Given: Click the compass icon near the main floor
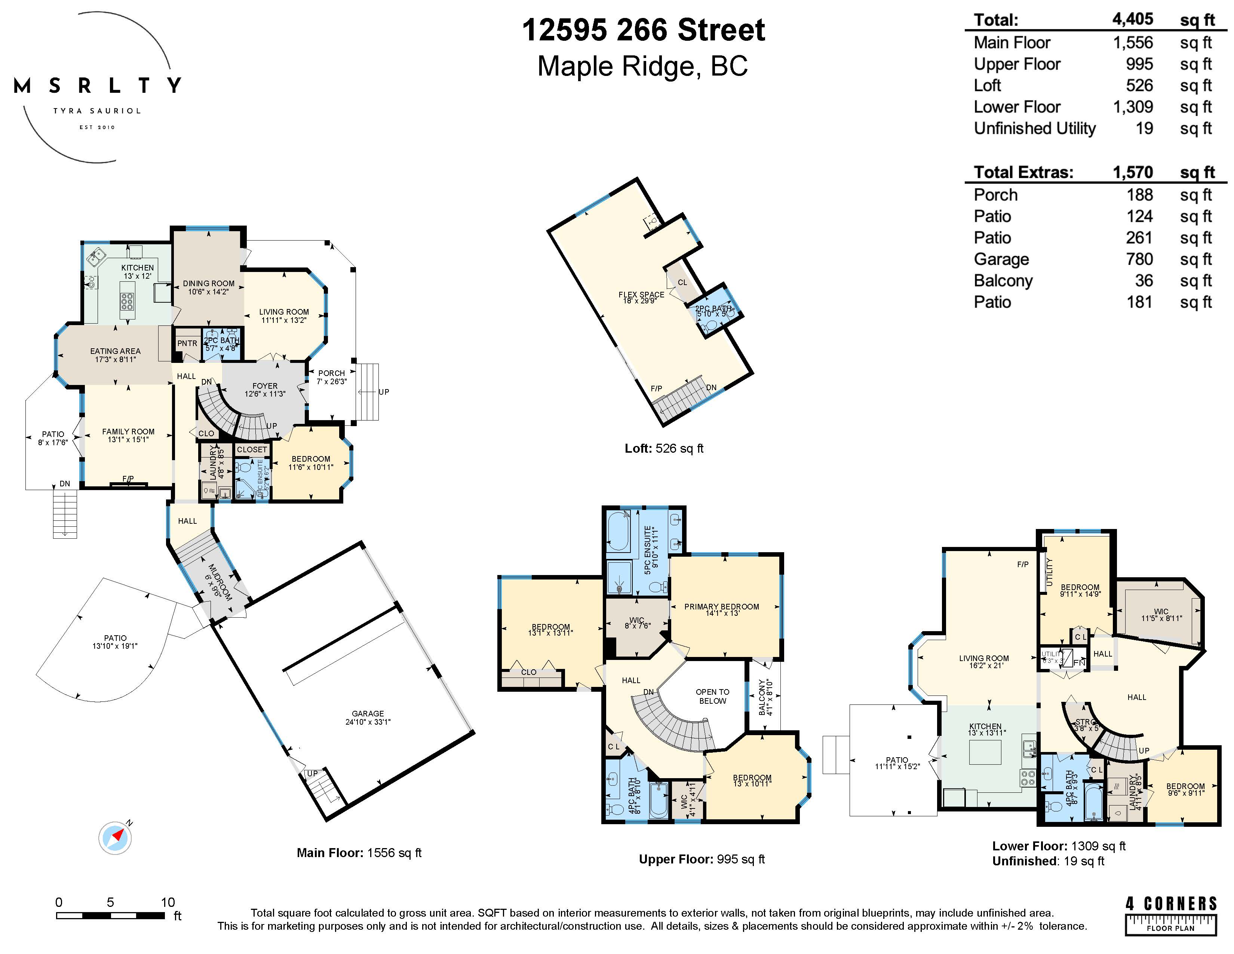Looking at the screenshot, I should pos(115,837).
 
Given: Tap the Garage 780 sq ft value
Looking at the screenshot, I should pos(1139,259).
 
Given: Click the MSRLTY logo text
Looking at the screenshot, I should pos(97,86).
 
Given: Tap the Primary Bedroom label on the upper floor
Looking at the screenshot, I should pos(722,609).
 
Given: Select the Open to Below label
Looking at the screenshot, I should pos(712,696).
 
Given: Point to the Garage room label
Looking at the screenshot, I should pos(368,717).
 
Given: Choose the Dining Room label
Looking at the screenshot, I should pos(209,287).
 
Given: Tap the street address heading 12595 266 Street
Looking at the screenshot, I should pos(643,31).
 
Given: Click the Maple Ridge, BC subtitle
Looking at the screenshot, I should pos(642,67).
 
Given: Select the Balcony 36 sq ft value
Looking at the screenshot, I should pos(1144,281).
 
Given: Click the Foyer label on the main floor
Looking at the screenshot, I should pos(265,389).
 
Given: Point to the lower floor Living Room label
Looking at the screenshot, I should pos(984,661).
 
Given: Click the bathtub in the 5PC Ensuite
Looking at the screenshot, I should pos(618,531).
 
